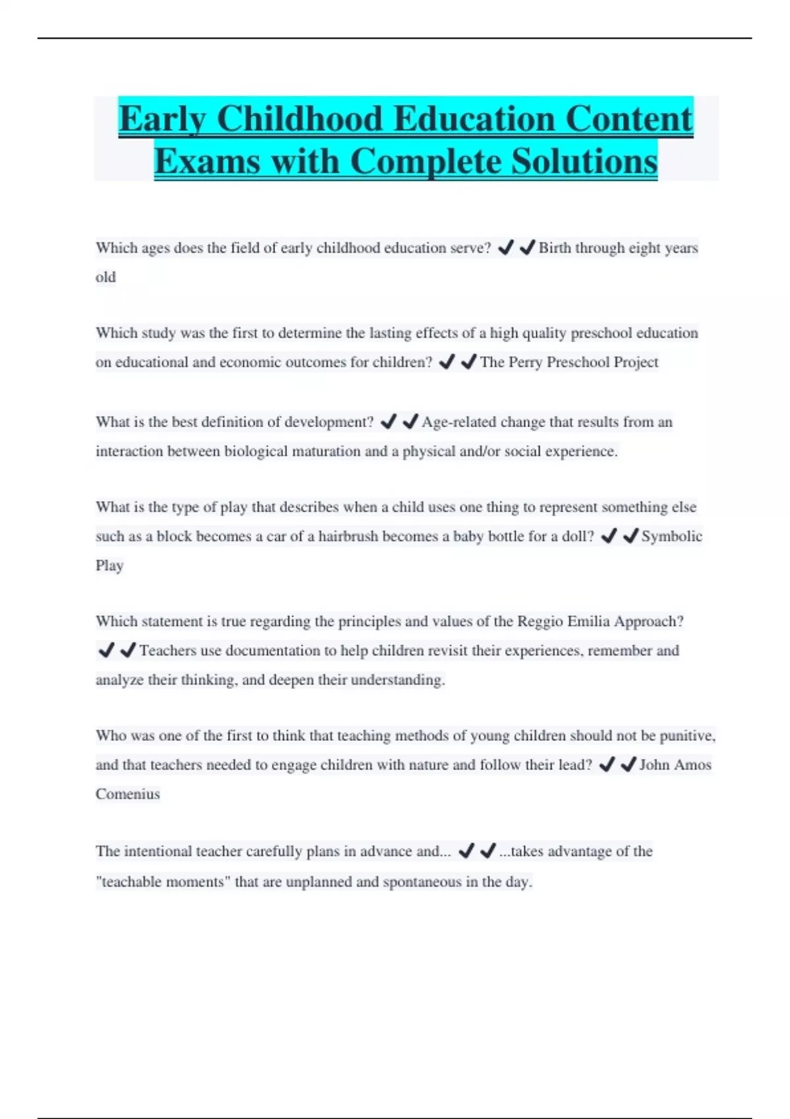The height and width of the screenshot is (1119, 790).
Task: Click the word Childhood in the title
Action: pyautogui.click(x=300, y=119)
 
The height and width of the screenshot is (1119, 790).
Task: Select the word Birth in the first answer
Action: pyautogui.click(x=555, y=248)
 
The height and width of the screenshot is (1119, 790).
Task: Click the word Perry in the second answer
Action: pyautogui.click(x=525, y=362)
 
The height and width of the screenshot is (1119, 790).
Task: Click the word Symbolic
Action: pyautogui.click(x=671, y=536)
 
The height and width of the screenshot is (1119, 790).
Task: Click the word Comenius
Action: pyautogui.click(x=128, y=794)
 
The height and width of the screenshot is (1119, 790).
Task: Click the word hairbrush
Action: pyautogui.click(x=348, y=536)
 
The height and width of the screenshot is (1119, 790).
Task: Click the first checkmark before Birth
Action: pyautogui.click(x=506, y=248)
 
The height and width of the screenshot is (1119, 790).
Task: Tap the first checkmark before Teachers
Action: pyautogui.click(x=106, y=651)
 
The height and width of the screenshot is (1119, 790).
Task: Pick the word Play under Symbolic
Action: pyautogui.click(x=109, y=566)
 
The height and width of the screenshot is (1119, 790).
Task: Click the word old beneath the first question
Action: pyautogui.click(x=105, y=278)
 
